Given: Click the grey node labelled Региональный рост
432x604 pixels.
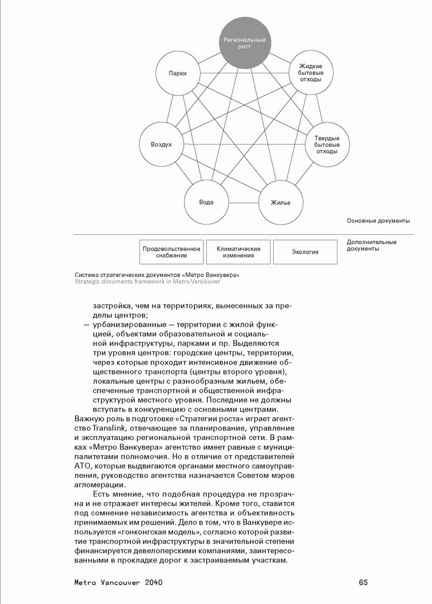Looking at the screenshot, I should [245, 43].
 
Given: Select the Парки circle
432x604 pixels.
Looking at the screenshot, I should [177, 73].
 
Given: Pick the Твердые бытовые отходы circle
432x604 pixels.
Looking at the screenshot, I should [327, 145].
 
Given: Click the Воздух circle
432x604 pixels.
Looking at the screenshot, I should [161, 145].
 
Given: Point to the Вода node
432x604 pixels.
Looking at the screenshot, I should [206, 202].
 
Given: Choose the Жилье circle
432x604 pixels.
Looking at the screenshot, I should [281, 203].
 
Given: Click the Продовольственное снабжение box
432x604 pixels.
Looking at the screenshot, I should [171, 252].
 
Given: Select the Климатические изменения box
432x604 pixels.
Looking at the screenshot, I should [238, 252].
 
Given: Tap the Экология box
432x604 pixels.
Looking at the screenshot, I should [305, 252].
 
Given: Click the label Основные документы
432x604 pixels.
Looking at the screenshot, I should [378, 221].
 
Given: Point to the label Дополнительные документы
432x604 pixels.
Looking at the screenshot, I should [372, 246].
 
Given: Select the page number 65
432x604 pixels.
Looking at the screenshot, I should [363, 583].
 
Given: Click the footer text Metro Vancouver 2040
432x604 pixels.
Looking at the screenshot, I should [119, 583].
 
